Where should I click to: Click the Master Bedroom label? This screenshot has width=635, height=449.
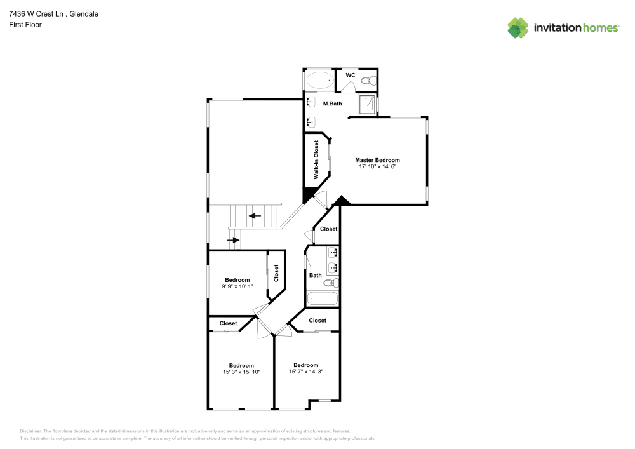377,160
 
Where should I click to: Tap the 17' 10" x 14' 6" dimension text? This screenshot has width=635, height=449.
377,167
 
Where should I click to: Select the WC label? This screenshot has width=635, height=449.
350,75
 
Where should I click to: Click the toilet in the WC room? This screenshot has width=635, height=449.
367,81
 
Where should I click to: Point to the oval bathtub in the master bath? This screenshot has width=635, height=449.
319,81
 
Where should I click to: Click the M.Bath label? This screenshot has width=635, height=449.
333,104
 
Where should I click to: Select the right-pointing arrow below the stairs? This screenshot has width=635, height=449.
234,240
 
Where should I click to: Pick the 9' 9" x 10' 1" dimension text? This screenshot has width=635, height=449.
237,286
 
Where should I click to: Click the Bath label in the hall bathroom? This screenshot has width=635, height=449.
315,275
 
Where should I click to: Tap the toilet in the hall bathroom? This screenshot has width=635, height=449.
330,283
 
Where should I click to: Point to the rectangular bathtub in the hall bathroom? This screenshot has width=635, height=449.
322,298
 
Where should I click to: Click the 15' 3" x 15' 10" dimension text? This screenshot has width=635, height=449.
241,372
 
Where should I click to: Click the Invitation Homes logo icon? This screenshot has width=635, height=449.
518,27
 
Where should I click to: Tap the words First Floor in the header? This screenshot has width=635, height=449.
25,25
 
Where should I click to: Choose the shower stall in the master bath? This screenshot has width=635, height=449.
366,105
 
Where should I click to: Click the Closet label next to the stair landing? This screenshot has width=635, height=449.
328,229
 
